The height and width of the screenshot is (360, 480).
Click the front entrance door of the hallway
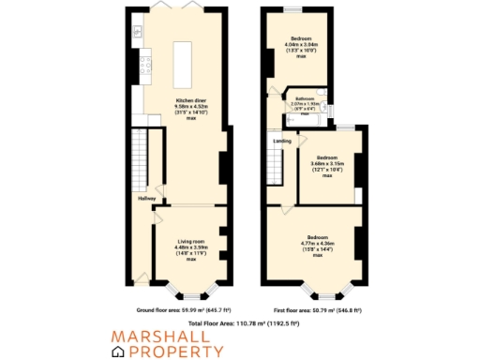point(141,277)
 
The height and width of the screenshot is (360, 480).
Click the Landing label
point(282,142)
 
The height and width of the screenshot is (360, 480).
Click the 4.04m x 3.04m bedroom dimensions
point(300,44)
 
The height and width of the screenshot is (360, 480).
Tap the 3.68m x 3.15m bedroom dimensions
point(327,166)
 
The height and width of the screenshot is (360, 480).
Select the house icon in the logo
point(119,351)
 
